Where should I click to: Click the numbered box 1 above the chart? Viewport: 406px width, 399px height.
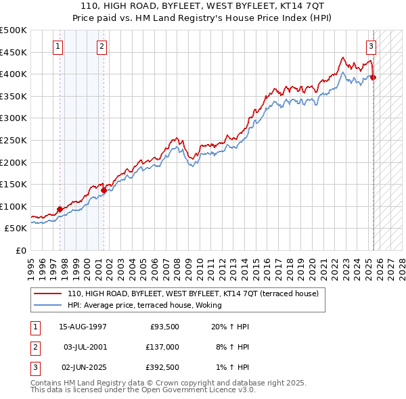point(58,47)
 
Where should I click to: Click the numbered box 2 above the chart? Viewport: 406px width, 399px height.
point(101,47)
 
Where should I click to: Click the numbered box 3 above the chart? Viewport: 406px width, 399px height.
point(371,47)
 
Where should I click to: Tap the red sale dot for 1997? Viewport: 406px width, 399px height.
point(60,209)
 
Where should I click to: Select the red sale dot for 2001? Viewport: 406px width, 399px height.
point(104,190)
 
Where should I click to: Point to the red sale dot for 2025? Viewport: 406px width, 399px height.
point(373,77)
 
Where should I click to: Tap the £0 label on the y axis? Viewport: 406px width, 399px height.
point(20,250)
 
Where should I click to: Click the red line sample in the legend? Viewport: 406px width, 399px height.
point(48,294)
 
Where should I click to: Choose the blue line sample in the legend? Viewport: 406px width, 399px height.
point(48,305)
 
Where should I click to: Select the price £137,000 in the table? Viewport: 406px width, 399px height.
point(162,347)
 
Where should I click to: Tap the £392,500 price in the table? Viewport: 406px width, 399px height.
point(162,367)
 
